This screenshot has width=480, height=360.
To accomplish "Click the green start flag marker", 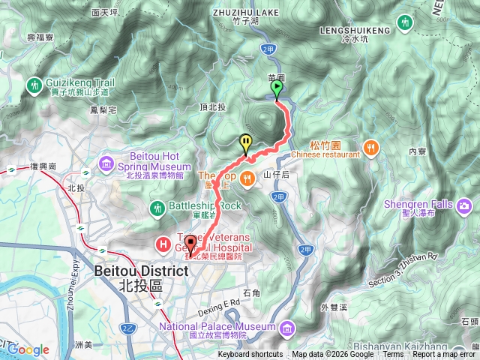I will click(277, 90).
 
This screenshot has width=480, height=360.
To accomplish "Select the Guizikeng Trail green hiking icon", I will click(35, 86).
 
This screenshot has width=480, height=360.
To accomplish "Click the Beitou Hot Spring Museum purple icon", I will click(106, 162).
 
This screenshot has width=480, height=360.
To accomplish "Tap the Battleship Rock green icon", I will click(157, 206).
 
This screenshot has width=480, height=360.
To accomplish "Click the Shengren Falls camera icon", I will click(464, 205).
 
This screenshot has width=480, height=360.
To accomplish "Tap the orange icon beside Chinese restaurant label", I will click(370, 146).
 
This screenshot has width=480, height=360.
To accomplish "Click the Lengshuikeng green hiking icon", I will click(405, 23).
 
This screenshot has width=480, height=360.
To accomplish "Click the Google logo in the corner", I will click(28, 349).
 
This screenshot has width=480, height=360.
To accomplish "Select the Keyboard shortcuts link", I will click(250, 355).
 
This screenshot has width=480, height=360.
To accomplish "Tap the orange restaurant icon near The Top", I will click(247, 177).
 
